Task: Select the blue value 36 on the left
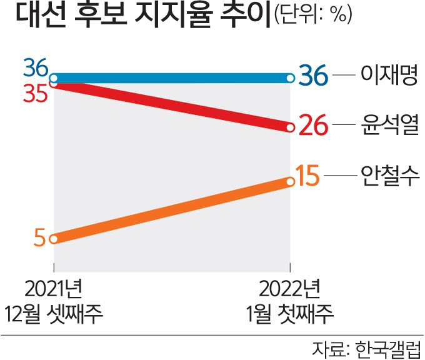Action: [x=36, y=67]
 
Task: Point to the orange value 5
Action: [x=39, y=239]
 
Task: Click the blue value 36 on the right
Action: [x=312, y=78]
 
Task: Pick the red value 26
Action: [x=312, y=127]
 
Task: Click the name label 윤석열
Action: [x=389, y=126]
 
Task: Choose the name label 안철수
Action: [x=389, y=177]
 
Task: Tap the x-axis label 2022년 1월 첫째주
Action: [x=289, y=301]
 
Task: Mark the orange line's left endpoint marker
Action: [x=54, y=239]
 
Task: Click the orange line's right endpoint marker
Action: [x=290, y=182]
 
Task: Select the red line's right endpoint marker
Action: [x=290, y=127]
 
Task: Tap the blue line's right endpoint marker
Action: [x=290, y=78]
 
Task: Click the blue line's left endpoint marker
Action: [x=54, y=79]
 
